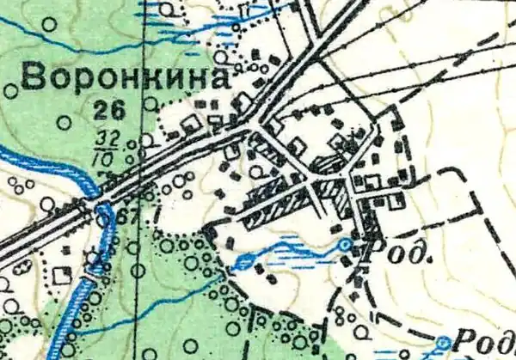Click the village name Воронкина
pos(125,79)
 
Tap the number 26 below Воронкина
pos(111,108)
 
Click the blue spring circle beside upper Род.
pos(345,246)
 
